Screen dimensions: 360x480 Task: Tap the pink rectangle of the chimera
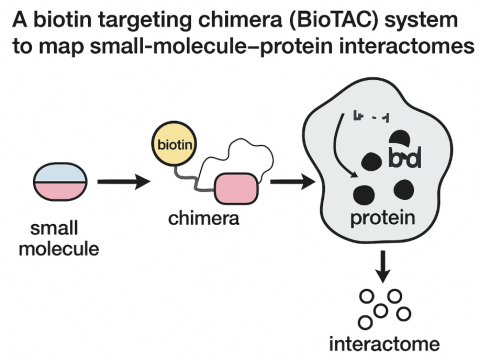pos(236,187)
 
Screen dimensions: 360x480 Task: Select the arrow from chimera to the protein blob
pos(290,183)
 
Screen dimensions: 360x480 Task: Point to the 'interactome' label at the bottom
pos(384,343)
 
